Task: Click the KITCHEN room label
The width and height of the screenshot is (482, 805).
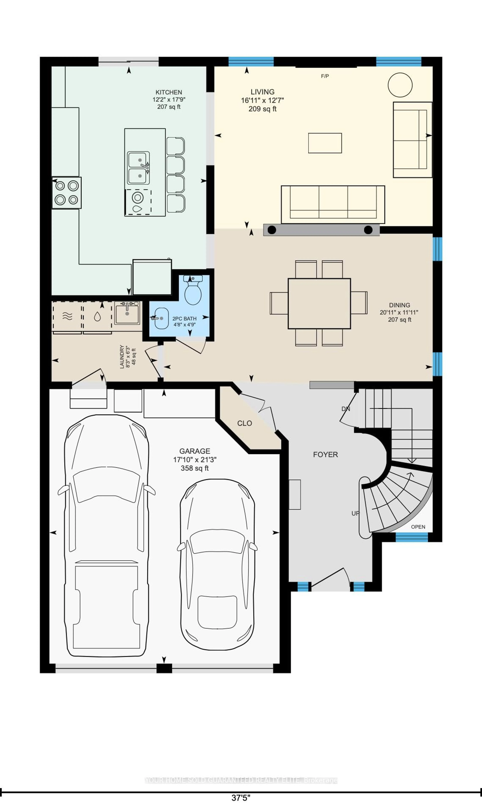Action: click(x=169, y=92)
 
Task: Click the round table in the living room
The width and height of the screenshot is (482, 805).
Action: click(x=400, y=85)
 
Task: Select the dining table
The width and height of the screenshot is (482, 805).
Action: click(x=319, y=303)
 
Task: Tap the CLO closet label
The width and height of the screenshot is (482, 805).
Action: click(x=245, y=423)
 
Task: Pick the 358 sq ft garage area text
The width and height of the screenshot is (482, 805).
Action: click(x=195, y=468)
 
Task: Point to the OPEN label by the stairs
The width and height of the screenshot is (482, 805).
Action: click(x=418, y=527)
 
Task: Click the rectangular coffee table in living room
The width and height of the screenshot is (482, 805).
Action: click(x=325, y=143)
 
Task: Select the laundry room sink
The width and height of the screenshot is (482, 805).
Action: click(x=127, y=313)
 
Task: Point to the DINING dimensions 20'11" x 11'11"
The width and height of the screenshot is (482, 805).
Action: click(x=399, y=312)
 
